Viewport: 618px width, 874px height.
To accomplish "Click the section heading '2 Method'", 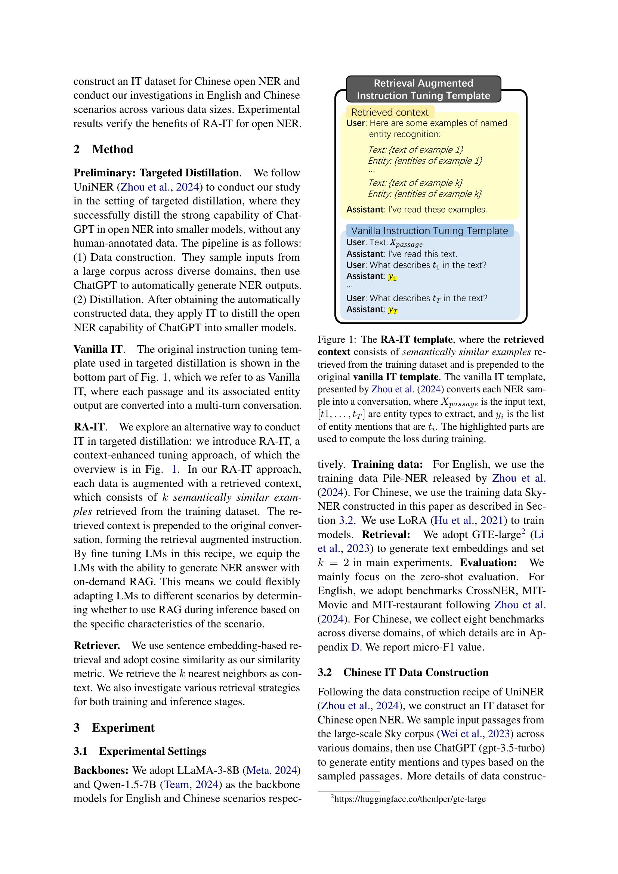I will tap(103, 149).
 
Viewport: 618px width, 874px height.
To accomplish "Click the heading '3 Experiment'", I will tap(114, 728).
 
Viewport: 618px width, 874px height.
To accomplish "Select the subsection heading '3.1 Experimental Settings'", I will tap(140, 751).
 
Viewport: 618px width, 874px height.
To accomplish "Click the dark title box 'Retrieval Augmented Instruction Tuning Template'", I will tap(423, 89).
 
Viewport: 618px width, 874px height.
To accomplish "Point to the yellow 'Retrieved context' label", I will tap(390, 112).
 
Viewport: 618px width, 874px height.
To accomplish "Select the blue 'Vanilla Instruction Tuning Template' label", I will tap(429, 231).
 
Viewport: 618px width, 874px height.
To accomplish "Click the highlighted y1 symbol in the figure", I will tap(392, 277).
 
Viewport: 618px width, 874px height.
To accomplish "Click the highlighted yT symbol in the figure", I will tap(393, 310).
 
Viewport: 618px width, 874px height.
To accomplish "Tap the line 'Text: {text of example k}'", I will tap(415, 183).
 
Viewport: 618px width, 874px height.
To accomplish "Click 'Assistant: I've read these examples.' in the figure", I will tap(416, 209).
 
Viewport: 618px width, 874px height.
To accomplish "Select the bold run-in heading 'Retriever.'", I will tap(97, 646).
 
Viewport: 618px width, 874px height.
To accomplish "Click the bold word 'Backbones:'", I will tap(101, 770).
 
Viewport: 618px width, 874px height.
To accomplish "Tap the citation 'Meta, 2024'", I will tap(272, 770).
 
